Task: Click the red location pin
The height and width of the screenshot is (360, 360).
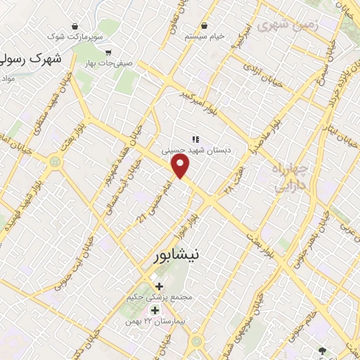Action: [x=181, y=166]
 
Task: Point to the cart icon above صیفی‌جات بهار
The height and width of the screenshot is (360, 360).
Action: [x=108, y=52]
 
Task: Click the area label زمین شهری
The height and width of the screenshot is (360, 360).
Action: [x=283, y=26]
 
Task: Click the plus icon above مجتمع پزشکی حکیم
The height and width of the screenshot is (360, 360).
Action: [x=160, y=286]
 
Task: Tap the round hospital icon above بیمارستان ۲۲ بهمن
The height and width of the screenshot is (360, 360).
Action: [x=154, y=310]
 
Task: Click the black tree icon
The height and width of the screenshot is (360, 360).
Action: [x=322, y=350]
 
